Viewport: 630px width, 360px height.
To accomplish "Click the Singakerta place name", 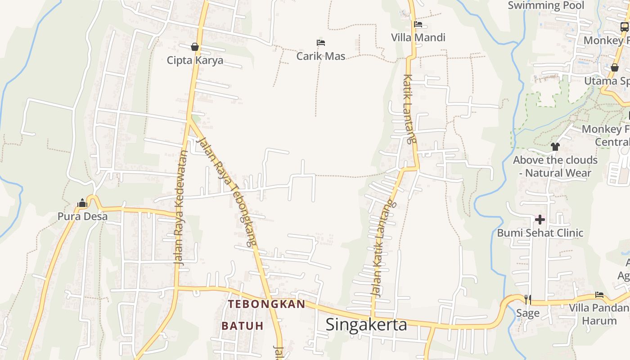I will click(366, 324).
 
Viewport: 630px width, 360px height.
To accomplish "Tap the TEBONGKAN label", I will click(266, 304).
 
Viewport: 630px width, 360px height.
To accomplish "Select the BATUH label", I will click(243, 326).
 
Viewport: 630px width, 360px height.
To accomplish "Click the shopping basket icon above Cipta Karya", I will click(195, 47).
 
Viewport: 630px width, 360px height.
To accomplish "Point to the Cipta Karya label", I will click(195, 60).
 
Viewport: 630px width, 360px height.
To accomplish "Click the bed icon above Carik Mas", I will click(321, 43).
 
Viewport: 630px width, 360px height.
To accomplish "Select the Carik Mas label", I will click(321, 56).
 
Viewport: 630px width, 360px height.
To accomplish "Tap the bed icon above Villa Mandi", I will click(418, 24).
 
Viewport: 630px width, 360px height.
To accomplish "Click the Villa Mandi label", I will click(418, 37).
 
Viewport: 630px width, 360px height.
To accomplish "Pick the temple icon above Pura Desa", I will click(82, 203).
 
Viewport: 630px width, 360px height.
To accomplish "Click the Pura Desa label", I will click(82, 216).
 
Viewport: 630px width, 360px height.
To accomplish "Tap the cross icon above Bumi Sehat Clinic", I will click(540, 220).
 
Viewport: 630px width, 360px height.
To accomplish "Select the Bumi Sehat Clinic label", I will click(540, 233).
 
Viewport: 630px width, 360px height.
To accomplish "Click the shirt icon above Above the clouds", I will click(555, 146).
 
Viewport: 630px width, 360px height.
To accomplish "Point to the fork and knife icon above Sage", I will click(528, 299).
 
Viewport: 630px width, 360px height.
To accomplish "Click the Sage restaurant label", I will click(528, 313).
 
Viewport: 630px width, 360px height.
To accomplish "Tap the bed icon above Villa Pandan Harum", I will click(599, 295).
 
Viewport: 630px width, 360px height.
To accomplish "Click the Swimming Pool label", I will click(546, 5).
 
